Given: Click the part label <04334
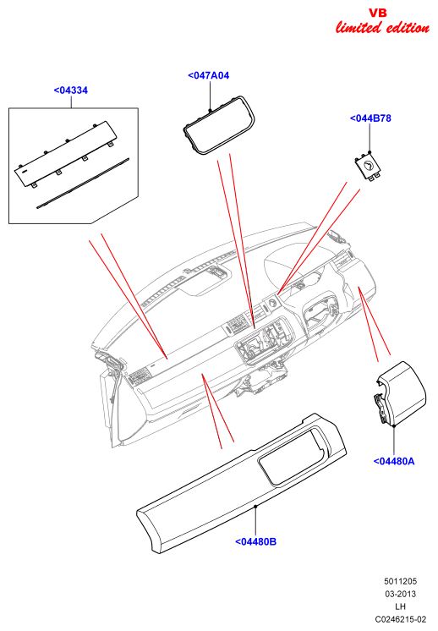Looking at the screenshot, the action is (x=71, y=91).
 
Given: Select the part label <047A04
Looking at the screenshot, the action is (x=208, y=75).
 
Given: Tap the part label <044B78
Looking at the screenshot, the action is (x=370, y=118).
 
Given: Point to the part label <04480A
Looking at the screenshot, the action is (x=394, y=461).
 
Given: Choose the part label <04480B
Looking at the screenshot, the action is (x=256, y=541).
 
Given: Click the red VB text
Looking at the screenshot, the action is (x=378, y=13).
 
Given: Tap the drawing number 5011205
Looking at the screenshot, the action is (x=400, y=581).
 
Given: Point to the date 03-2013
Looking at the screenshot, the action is (x=400, y=594).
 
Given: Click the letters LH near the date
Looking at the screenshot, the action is (x=400, y=606).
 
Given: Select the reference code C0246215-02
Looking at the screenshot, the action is (x=400, y=619).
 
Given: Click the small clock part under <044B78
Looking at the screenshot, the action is (x=369, y=166).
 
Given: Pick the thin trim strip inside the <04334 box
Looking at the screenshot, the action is (x=83, y=183).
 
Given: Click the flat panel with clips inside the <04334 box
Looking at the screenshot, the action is (x=66, y=154).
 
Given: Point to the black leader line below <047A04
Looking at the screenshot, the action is (x=210, y=96).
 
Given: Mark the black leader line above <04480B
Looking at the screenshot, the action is (x=256, y=522).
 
